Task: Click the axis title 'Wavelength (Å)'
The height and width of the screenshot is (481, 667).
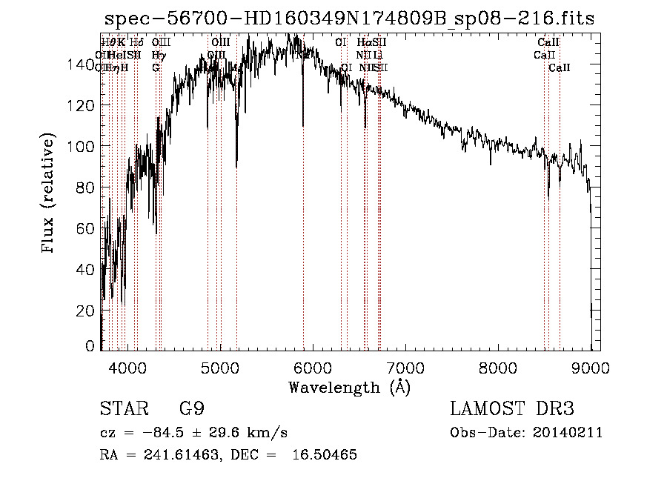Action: click(349, 387)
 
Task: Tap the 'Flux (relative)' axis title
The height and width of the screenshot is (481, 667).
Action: click(50, 193)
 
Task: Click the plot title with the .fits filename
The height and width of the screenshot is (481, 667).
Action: click(348, 19)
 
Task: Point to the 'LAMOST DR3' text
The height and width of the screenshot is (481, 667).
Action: click(512, 409)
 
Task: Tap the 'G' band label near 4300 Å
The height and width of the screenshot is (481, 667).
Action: click(156, 67)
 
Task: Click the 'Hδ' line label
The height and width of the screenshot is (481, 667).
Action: click(137, 43)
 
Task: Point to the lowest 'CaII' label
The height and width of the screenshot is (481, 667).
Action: click(560, 67)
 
